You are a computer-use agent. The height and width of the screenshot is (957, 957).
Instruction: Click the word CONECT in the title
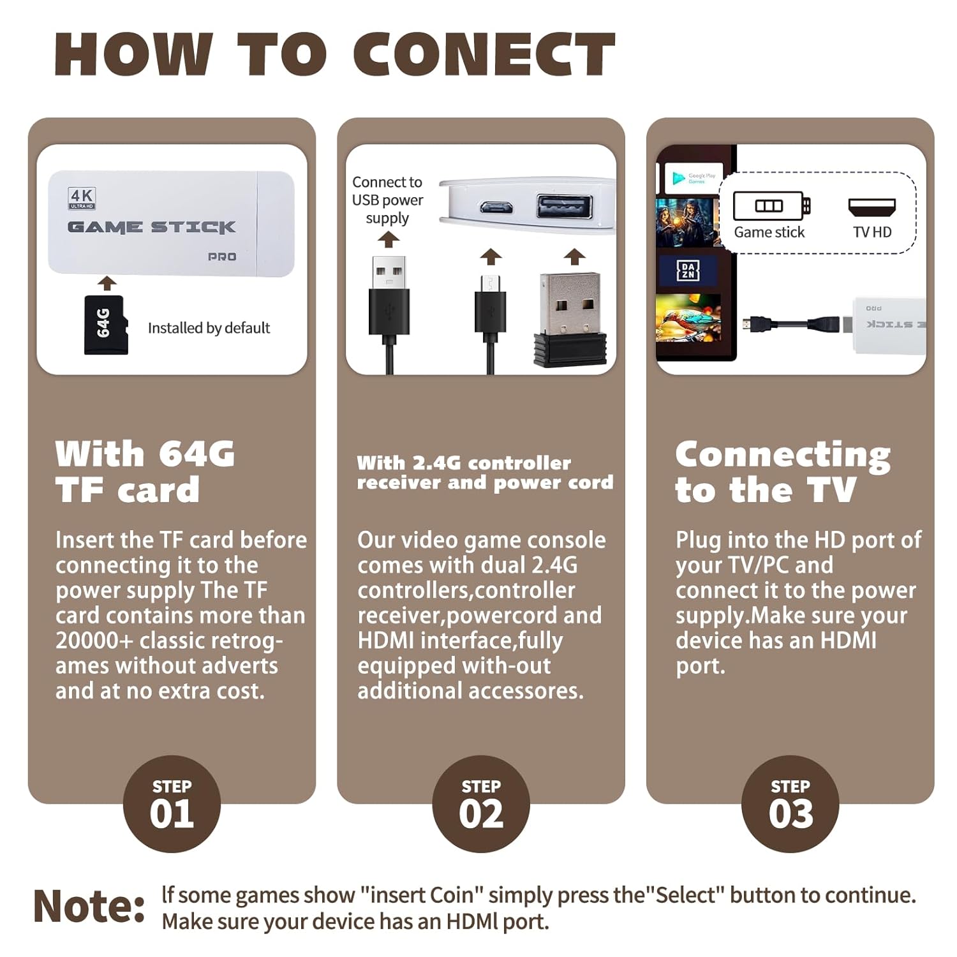[484, 54]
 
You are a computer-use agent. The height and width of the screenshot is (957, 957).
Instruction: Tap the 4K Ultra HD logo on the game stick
[82, 198]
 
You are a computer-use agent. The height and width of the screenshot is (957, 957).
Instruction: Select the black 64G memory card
[106, 325]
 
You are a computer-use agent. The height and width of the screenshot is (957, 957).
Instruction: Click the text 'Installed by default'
[209, 328]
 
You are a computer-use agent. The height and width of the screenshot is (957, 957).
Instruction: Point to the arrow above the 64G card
[107, 283]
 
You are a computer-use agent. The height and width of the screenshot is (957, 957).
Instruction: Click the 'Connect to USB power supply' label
[387, 200]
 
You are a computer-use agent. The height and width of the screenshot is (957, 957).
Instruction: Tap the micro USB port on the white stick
[496, 207]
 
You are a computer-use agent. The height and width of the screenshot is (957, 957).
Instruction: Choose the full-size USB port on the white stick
[565, 207]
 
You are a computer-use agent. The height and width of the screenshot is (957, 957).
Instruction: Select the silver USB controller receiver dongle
[570, 319]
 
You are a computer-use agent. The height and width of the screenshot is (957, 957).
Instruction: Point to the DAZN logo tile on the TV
[688, 271]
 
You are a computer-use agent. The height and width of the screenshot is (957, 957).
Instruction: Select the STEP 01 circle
[172, 804]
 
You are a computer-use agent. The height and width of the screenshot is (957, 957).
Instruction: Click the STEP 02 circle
[481, 804]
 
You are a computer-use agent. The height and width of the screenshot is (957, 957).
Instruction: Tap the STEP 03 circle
[790, 804]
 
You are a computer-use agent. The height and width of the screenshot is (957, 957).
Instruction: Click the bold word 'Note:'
[89, 905]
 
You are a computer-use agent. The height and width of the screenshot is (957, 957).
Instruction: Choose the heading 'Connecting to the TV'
[783, 472]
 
